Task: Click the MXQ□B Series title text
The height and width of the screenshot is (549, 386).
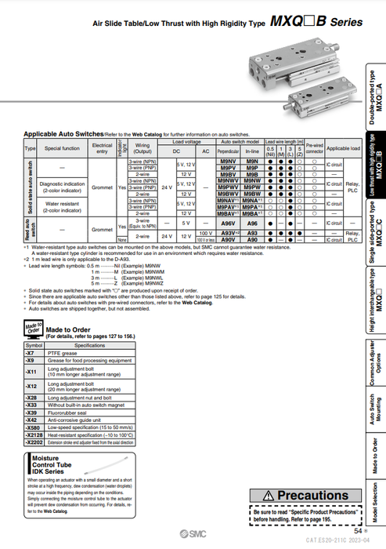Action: [316, 23]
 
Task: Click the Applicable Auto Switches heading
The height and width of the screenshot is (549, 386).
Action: [74, 134]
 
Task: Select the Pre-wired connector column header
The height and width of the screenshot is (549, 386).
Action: [314, 148]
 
